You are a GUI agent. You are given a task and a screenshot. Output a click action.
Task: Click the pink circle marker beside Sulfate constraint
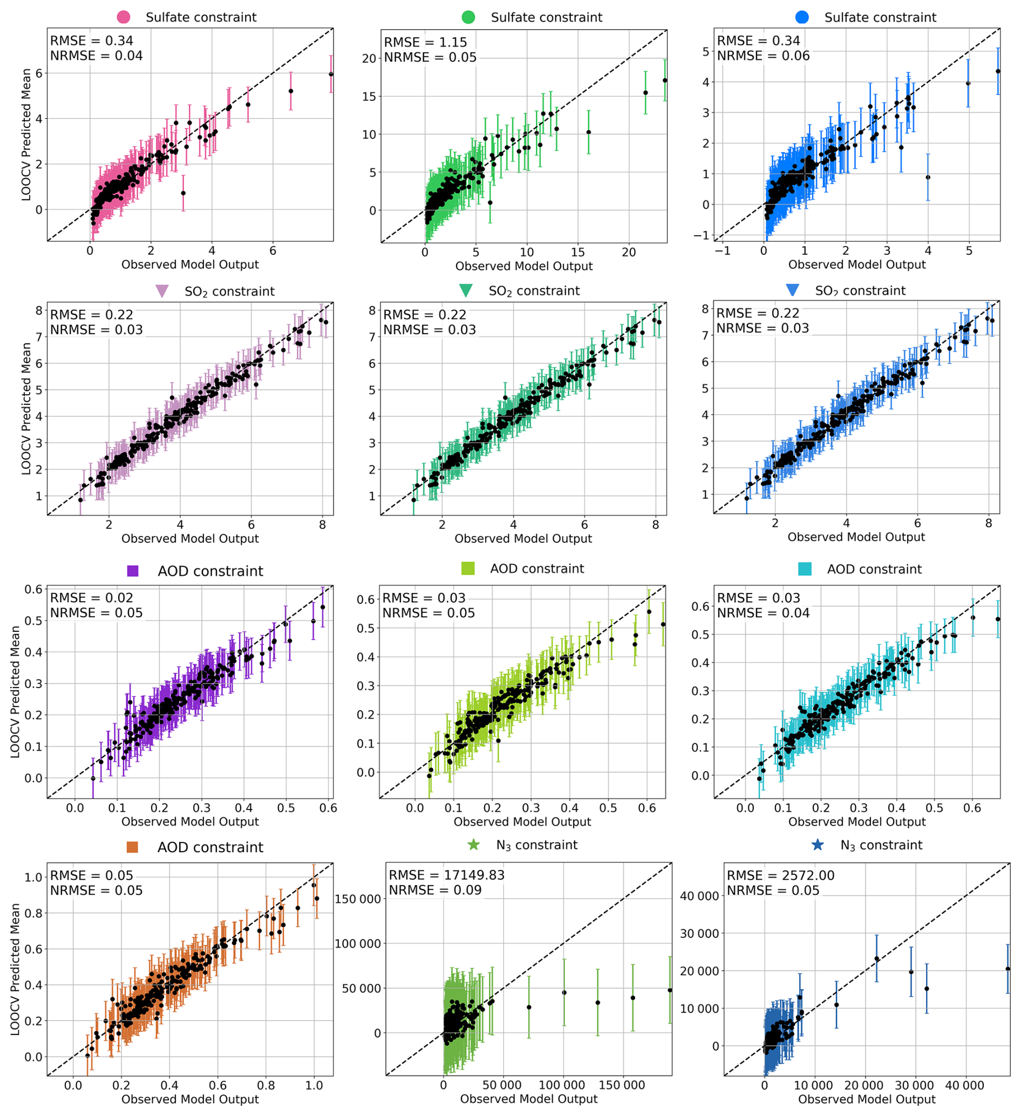tap(124, 17)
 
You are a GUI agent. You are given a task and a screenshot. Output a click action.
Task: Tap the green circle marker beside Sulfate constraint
tap(468, 17)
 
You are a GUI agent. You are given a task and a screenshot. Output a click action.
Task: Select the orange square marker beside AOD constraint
tap(132, 847)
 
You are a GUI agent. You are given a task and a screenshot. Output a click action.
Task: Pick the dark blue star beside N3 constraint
tap(817, 845)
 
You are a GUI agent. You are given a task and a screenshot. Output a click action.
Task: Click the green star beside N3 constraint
tap(473, 845)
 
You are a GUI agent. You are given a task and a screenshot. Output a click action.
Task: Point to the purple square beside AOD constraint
tap(133, 571)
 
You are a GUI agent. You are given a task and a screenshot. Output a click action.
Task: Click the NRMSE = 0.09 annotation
tap(434, 890)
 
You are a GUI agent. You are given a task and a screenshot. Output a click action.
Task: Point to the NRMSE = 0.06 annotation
tap(763, 56)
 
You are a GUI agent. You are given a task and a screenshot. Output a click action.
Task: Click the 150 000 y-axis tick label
tap(358, 899)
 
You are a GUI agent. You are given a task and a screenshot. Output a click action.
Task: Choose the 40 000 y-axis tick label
tap(699, 896)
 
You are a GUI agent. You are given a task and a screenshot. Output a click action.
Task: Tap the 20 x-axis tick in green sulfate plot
tap(629, 253)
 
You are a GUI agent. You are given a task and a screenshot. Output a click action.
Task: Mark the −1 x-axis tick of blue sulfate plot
tap(722, 251)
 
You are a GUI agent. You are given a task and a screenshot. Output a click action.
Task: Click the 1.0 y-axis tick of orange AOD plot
tap(33, 878)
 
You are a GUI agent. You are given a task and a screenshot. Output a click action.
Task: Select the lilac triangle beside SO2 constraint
tap(162, 291)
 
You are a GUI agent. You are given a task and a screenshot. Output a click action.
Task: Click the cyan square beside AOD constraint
tap(805, 569)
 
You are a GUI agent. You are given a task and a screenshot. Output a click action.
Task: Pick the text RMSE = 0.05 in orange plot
tap(91, 876)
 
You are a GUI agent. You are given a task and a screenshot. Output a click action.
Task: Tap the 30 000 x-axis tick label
tap(914, 1086)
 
